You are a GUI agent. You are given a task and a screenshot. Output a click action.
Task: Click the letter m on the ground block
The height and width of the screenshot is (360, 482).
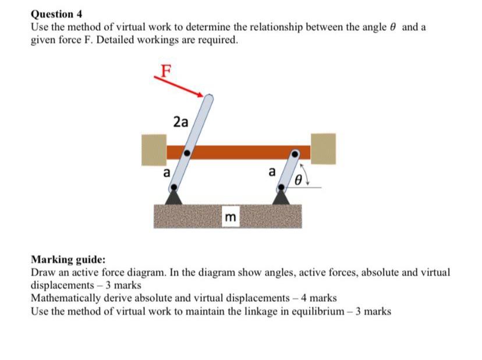click(x=231, y=218)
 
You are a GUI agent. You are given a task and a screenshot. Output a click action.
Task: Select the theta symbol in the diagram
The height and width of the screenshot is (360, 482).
click(x=298, y=181)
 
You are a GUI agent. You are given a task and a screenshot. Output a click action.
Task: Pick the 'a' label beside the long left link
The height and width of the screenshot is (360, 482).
click(x=166, y=172)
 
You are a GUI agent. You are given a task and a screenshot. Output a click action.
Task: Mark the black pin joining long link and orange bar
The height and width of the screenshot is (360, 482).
click(x=187, y=153)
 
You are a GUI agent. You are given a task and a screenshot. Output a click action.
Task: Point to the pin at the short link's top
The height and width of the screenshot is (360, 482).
click(x=295, y=154)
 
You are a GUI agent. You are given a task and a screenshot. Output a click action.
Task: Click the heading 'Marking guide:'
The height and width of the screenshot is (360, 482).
click(x=68, y=260)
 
